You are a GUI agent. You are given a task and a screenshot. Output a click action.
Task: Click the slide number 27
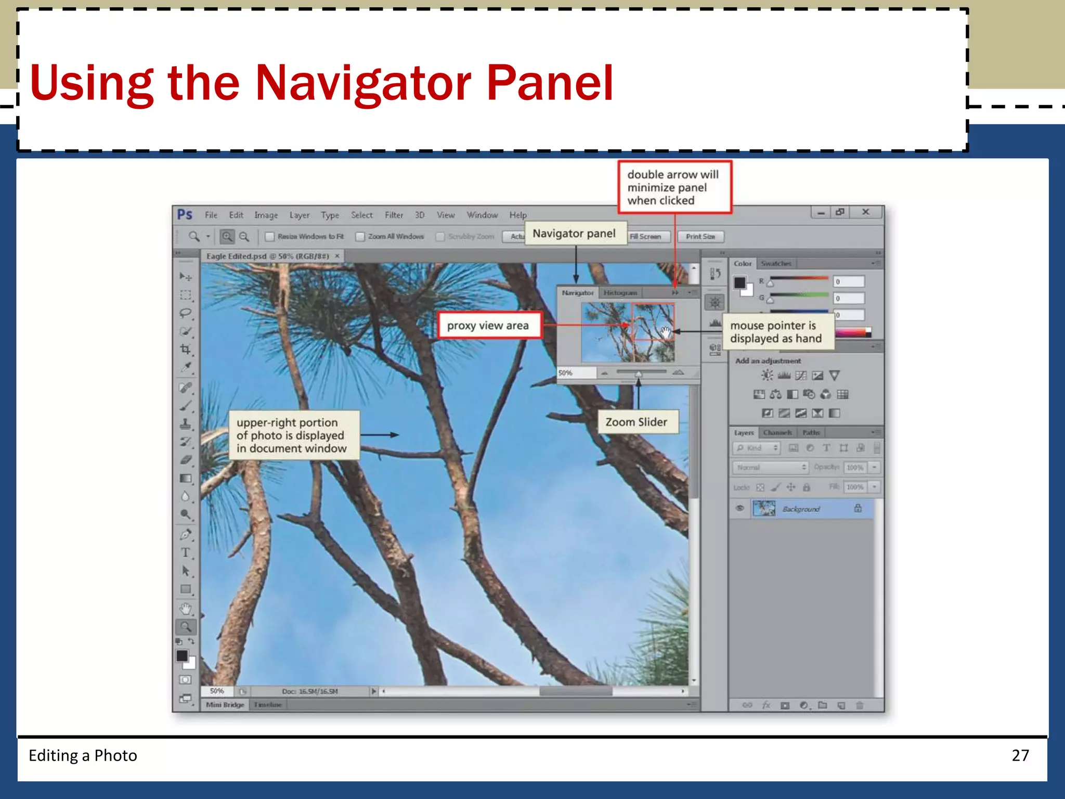tap(1020, 755)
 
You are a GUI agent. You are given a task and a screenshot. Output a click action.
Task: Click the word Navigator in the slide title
tap(363, 83)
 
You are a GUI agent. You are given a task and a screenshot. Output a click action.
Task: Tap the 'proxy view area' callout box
tap(488, 326)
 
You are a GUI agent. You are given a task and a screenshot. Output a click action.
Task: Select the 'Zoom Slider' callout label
tap(636, 422)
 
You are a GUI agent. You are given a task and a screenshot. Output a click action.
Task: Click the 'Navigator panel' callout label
tap(574, 234)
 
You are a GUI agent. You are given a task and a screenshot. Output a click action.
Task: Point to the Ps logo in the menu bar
tap(185, 215)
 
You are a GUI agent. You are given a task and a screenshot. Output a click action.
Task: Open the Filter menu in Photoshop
tap(394, 215)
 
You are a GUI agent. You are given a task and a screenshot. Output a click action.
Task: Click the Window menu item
tap(482, 215)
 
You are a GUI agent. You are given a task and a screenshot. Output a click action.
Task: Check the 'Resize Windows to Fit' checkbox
tap(270, 237)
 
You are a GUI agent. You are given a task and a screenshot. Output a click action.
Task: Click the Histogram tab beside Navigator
tap(620, 293)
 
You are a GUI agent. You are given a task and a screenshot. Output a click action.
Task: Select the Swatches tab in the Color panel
tap(776, 264)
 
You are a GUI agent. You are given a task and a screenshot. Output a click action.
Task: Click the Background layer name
tap(801, 509)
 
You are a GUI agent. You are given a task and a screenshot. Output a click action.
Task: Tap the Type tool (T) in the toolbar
tap(185, 553)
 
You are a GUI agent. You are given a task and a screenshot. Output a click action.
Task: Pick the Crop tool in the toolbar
tap(185, 349)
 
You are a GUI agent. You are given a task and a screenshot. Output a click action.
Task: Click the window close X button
tap(865, 212)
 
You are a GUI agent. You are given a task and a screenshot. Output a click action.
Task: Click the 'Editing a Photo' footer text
tap(83, 755)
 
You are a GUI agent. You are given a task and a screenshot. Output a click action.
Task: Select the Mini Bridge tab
tap(225, 705)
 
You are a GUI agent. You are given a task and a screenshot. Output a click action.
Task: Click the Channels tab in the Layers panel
tap(777, 433)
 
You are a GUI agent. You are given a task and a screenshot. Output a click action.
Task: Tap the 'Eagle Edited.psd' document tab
tap(267, 256)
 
